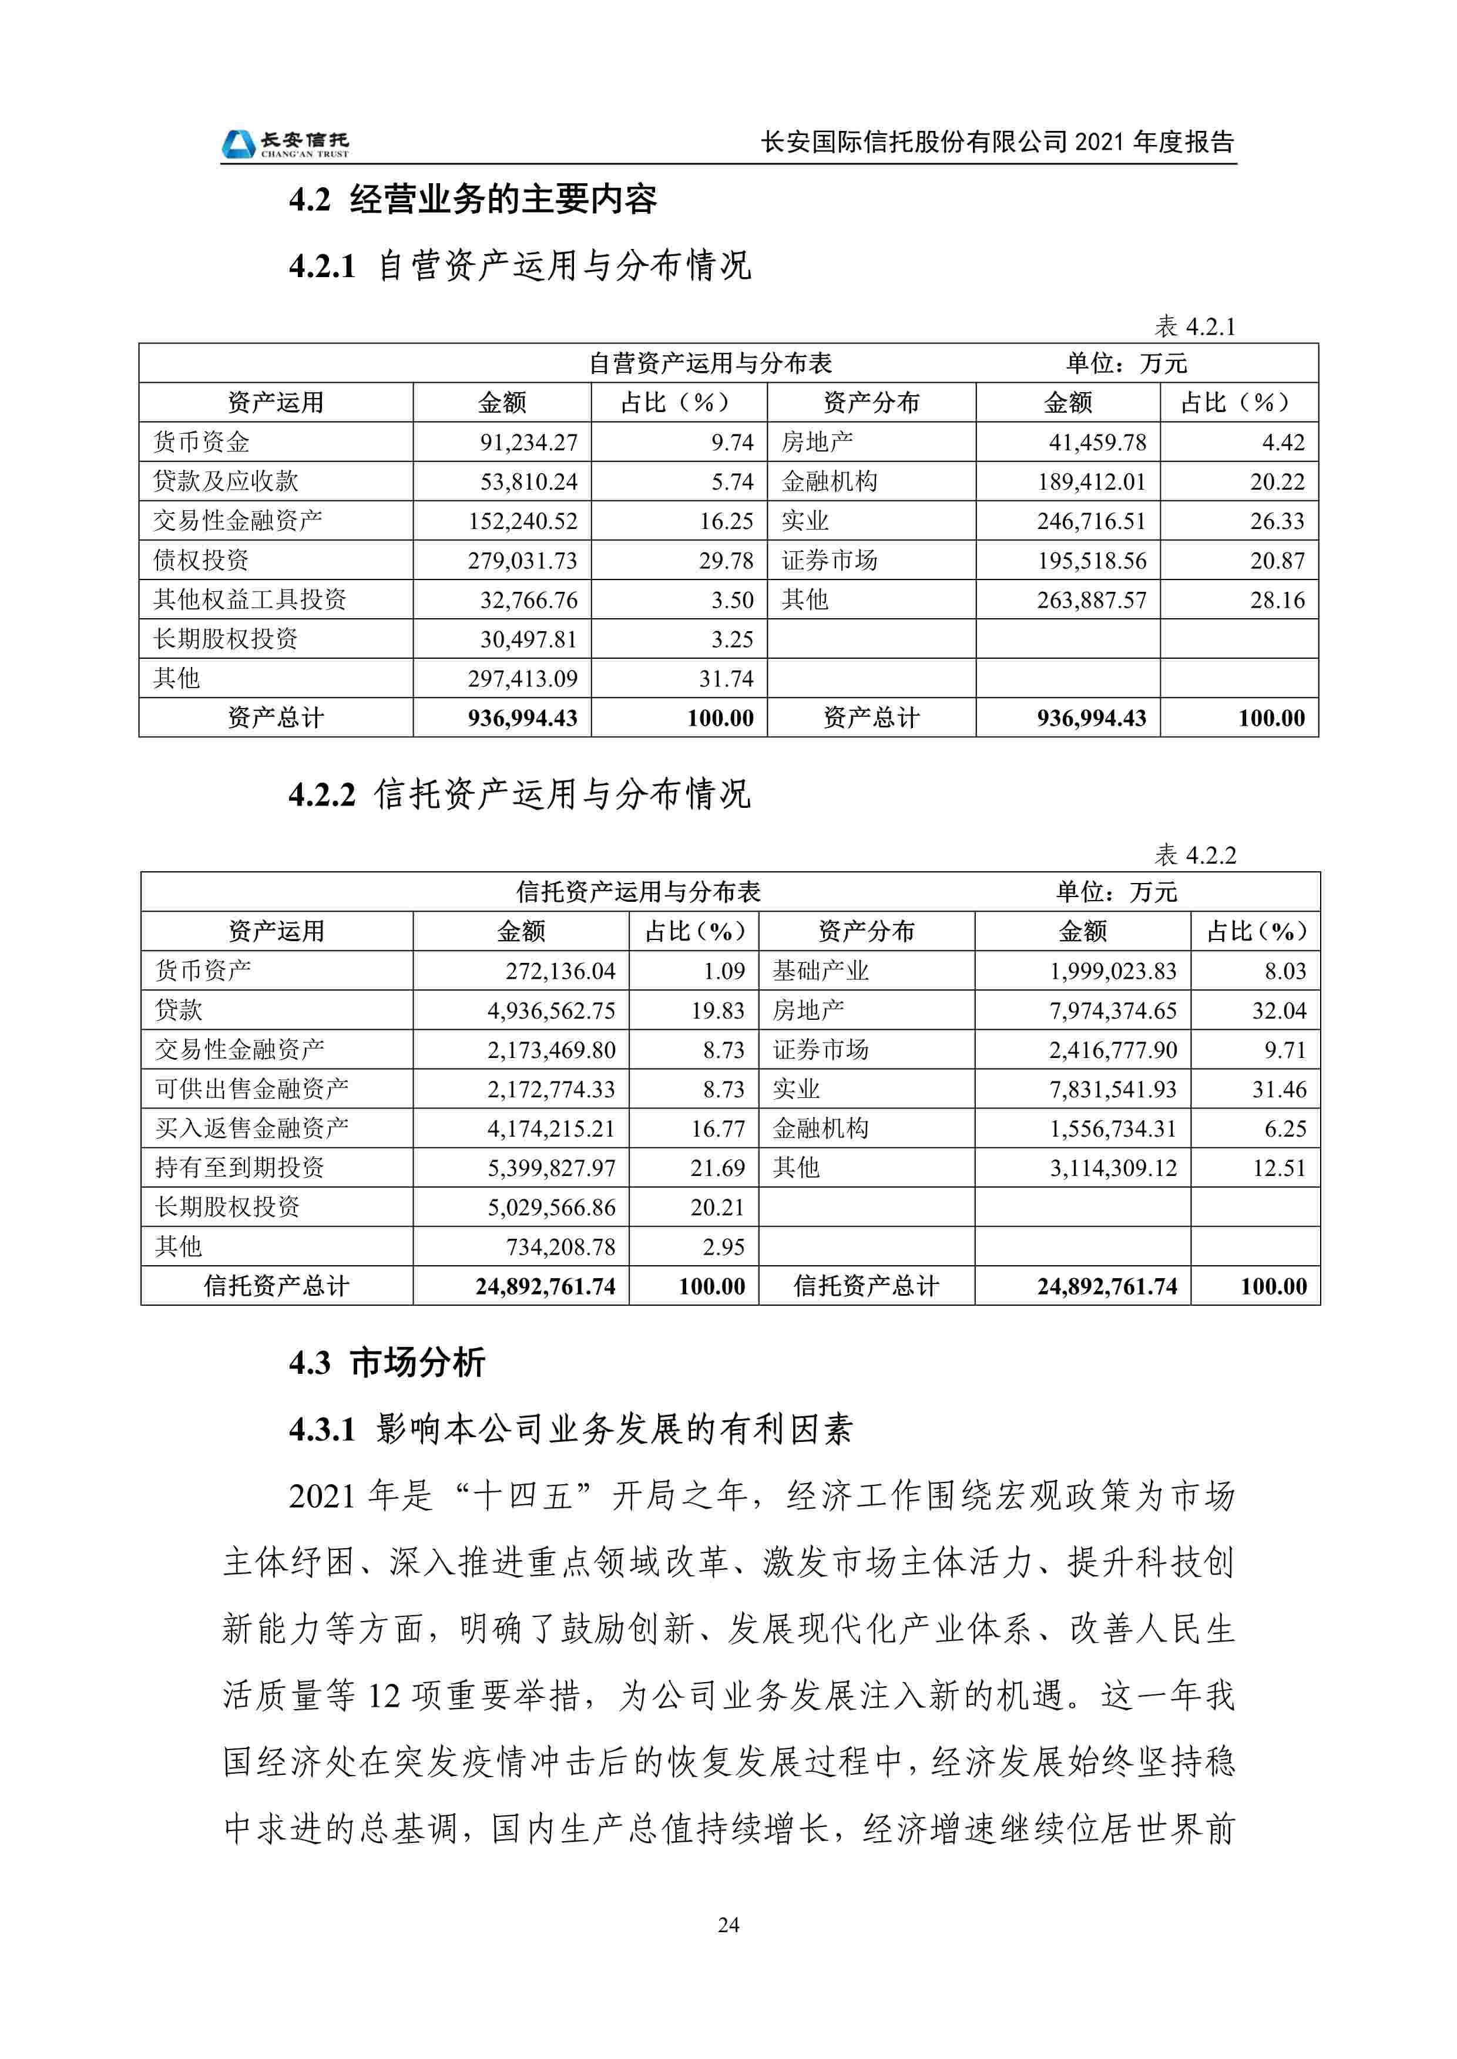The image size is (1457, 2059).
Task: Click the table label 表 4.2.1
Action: coord(1194,326)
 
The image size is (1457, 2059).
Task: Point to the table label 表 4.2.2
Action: coord(1194,855)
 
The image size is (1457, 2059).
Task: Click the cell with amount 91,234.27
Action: coord(528,442)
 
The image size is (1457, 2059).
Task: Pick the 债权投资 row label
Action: coord(201,561)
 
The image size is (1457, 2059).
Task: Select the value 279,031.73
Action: coord(522,561)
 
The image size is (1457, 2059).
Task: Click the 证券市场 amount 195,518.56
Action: coord(1091,561)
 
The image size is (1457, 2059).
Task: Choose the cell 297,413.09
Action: coord(522,679)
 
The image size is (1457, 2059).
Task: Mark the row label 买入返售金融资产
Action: coord(251,1128)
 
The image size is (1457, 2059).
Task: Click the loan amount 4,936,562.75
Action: coord(551,1010)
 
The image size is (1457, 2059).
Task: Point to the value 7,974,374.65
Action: coord(1113,1010)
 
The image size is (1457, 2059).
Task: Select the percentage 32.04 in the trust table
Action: coord(1278,1010)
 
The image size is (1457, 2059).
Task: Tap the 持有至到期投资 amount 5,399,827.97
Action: coord(551,1168)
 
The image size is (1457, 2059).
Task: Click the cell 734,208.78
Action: coord(560,1246)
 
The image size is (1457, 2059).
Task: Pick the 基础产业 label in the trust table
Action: coord(820,971)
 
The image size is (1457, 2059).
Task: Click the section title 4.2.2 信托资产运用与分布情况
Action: coord(519,794)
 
